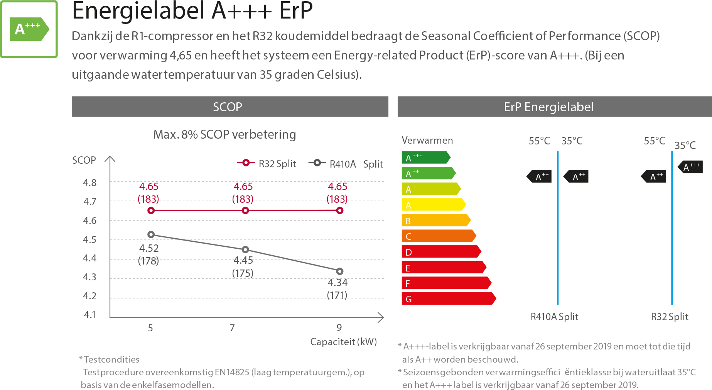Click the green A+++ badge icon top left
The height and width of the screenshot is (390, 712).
[29, 29]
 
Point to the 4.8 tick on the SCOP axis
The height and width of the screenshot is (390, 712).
[90, 183]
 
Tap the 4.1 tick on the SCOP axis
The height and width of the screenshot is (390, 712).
[90, 315]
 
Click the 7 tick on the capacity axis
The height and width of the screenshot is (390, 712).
[232, 328]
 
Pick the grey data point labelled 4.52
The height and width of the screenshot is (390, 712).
[151, 234]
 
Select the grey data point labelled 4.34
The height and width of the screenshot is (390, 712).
[339, 271]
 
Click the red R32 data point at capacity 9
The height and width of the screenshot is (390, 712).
[339, 210]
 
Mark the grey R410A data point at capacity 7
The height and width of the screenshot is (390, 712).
[245, 249]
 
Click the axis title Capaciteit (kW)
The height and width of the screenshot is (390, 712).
[343, 342]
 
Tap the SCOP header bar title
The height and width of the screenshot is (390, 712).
[228, 107]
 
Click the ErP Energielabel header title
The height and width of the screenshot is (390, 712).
[548, 107]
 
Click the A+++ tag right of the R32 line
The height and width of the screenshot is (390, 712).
[691, 167]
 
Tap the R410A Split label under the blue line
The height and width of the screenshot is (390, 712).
[554, 317]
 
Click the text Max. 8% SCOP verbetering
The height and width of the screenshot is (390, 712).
[224, 134]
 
